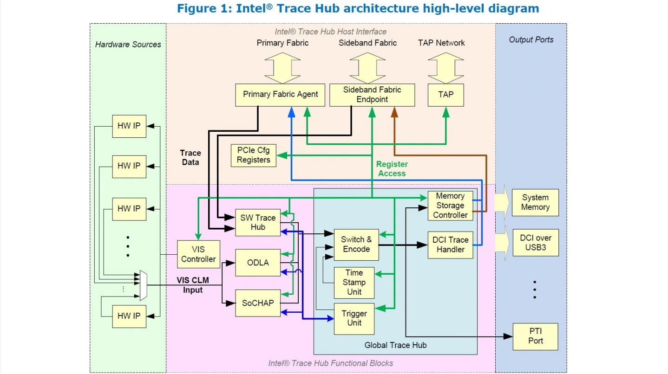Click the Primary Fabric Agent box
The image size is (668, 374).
(280, 95)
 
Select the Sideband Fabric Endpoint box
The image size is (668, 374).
(372, 95)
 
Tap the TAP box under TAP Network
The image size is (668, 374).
(445, 95)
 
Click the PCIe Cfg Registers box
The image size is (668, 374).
(253, 155)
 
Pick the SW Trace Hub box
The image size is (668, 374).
(258, 222)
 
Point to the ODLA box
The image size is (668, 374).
(258, 263)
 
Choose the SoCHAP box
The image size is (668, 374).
(258, 303)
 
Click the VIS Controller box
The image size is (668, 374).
(198, 254)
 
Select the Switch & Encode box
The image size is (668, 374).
(356, 245)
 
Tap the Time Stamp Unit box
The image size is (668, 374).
(354, 283)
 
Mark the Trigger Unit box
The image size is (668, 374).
(354, 318)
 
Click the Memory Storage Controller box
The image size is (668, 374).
(450, 206)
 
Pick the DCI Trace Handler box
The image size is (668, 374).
(450, 245)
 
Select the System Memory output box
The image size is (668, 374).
(535, 202)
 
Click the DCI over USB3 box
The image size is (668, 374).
(535, 243)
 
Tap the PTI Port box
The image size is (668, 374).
(535, 336)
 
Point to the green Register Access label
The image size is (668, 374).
(392, 169)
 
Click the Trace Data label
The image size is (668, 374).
(190, 158)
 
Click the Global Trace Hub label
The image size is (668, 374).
(395, 345)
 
